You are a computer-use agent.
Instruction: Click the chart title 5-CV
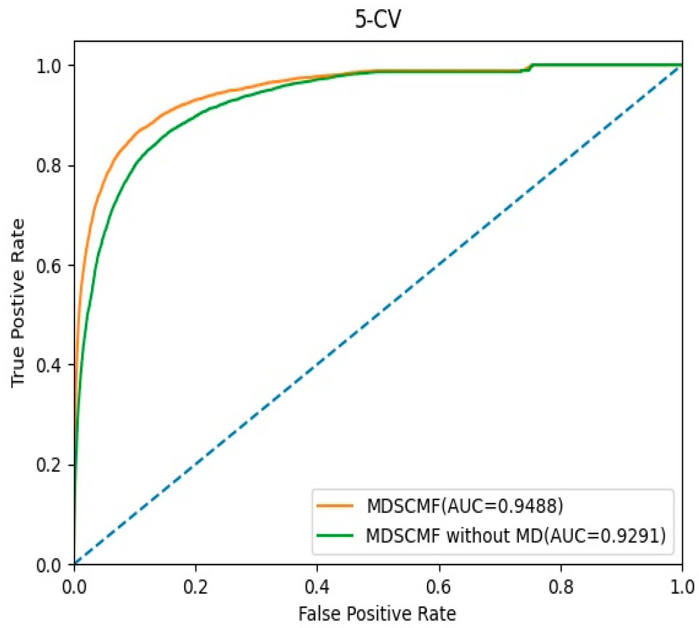click(x=378, y=19)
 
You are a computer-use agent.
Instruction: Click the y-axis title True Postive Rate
click(x=18, y=303)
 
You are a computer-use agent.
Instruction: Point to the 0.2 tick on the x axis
click(x=196, y=587)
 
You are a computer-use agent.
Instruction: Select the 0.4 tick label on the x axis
click(x=317, y=587)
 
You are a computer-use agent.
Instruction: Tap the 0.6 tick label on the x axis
click(x=439, y=587)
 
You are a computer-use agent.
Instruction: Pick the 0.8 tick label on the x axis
click(x=561, y=587)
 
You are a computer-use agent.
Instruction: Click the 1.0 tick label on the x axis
click(x=682, y=587)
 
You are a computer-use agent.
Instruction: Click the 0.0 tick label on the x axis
click(x=74, y=587)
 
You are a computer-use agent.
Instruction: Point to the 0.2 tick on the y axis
click(x=49, y=465)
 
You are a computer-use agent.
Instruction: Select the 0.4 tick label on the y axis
click(x=49, y=365)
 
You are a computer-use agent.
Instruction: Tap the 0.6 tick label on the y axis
click(x=49, y=265)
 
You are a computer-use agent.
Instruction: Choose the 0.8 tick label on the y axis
click(x=49, y=165)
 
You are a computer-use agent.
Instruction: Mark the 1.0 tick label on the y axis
click(x=49, y=66)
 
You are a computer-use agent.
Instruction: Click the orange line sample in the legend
click(x=335, y=506)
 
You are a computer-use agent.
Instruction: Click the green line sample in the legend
click(x=335, y=536)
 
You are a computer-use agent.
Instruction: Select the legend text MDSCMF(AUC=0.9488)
click(x=465, y=506)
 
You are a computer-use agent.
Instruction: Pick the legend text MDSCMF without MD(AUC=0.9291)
click(x=516, y=536)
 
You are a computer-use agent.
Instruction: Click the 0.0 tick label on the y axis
click(x=49, y=565)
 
